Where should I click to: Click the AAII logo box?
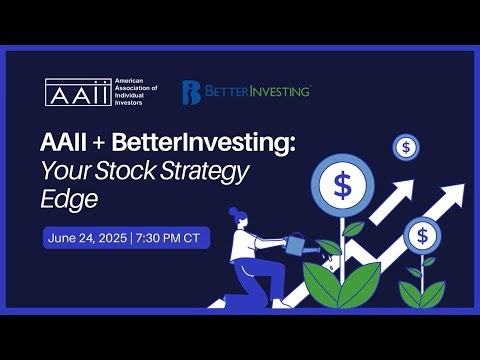tap(78, 91)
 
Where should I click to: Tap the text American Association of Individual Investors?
tap(137, 91)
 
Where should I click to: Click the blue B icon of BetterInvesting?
tap(191, 92)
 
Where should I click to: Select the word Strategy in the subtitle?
tap(212, 172)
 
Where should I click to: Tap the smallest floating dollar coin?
tap(405, 147)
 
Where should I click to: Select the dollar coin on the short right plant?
tap(422, 236)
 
